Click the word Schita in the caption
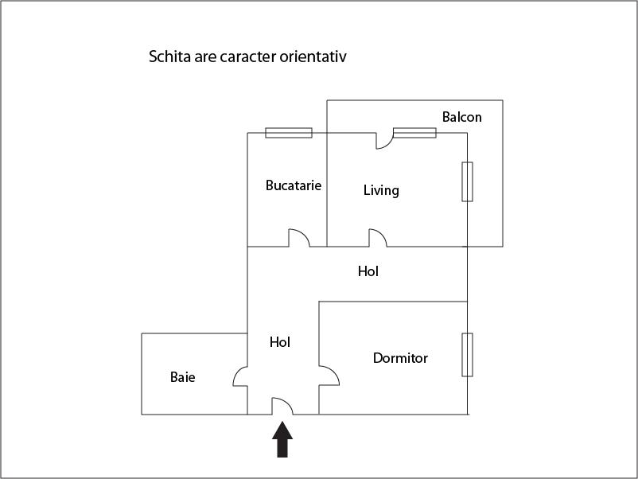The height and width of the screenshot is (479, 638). point(169,57)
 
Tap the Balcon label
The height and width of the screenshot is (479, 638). point(461,117)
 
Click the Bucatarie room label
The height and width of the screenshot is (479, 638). point(294,185)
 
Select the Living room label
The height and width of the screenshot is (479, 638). point(381,190)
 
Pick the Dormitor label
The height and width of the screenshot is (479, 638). point(400,358)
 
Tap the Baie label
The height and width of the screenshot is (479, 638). point(182,377)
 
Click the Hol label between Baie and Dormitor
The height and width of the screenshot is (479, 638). point(280,342)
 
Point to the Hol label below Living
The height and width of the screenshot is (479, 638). point(368,271)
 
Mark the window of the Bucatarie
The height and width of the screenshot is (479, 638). point(288,133)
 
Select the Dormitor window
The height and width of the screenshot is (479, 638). point(467,355)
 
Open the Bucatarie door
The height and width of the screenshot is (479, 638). point(298,238)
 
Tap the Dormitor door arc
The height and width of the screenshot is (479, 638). point(328,375)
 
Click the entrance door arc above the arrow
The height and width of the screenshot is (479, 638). point(282,406)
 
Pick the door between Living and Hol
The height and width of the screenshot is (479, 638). point(377,238)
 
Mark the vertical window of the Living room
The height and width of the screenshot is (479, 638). point(467,181)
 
